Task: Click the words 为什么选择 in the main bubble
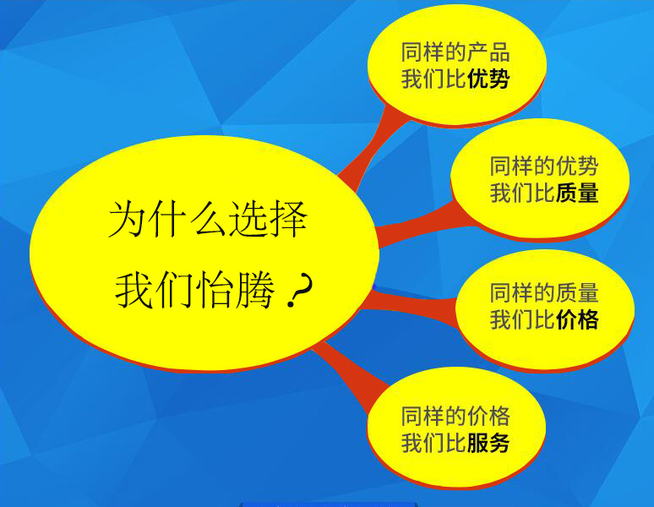coord(208,219)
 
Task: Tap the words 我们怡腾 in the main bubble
coord(195,290)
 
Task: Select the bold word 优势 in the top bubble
coord(488,79)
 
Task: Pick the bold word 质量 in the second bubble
coord(577,193)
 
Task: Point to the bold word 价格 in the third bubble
coord(577,319)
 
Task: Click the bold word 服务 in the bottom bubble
coord(488,443)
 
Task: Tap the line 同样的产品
coord(455,52)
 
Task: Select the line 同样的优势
coord(544,166)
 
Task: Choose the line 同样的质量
coord(544,292)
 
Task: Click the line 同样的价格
coord(455,416)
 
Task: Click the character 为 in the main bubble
coord(128,219)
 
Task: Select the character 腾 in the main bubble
coord(256,290)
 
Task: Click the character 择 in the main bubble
coord(289,219)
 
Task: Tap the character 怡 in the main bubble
coord(215,290)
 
